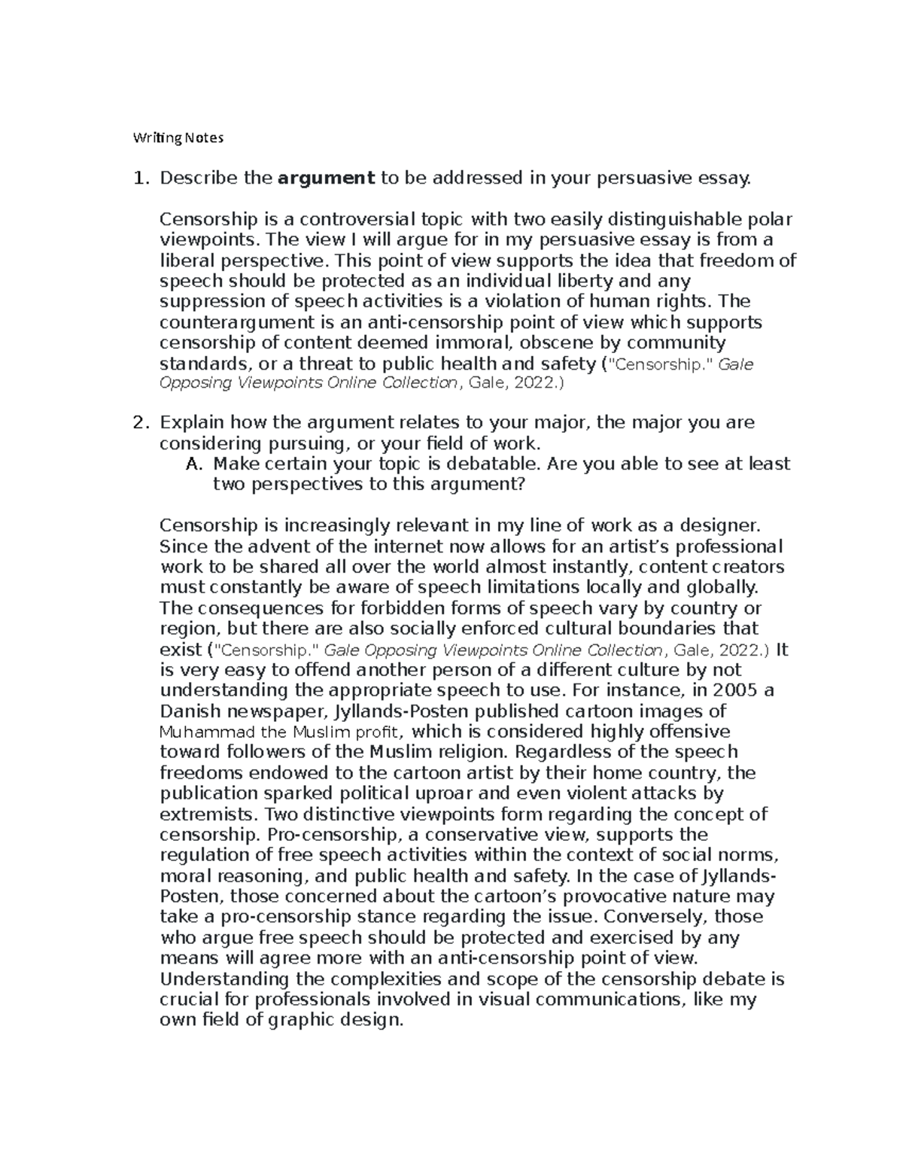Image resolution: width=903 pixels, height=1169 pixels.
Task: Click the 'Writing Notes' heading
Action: (178, 138)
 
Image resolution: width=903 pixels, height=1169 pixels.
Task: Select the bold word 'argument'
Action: (326, 178)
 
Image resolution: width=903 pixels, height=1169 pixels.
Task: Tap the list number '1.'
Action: (139, 178)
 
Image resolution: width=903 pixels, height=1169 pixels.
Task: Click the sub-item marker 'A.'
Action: (193, 464)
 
